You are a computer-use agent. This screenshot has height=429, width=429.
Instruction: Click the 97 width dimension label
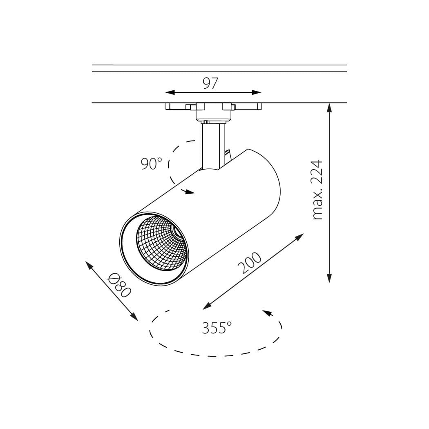click(x=210, y=83)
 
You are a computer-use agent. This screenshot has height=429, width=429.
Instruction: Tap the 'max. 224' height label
click(x=317, y=190)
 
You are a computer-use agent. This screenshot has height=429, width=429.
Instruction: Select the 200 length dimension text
click(x=249, y=263)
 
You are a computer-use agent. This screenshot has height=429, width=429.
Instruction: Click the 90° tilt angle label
click(x=151, y=163)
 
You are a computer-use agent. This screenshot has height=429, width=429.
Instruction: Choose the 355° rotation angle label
click(x=217, y=328)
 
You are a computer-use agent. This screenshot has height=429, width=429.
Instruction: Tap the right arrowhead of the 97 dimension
click(x=256, y=92)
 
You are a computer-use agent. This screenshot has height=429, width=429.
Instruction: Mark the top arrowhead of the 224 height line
click(x=329, y=108)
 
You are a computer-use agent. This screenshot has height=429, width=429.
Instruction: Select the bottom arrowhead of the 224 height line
click(x=329, y=278)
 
